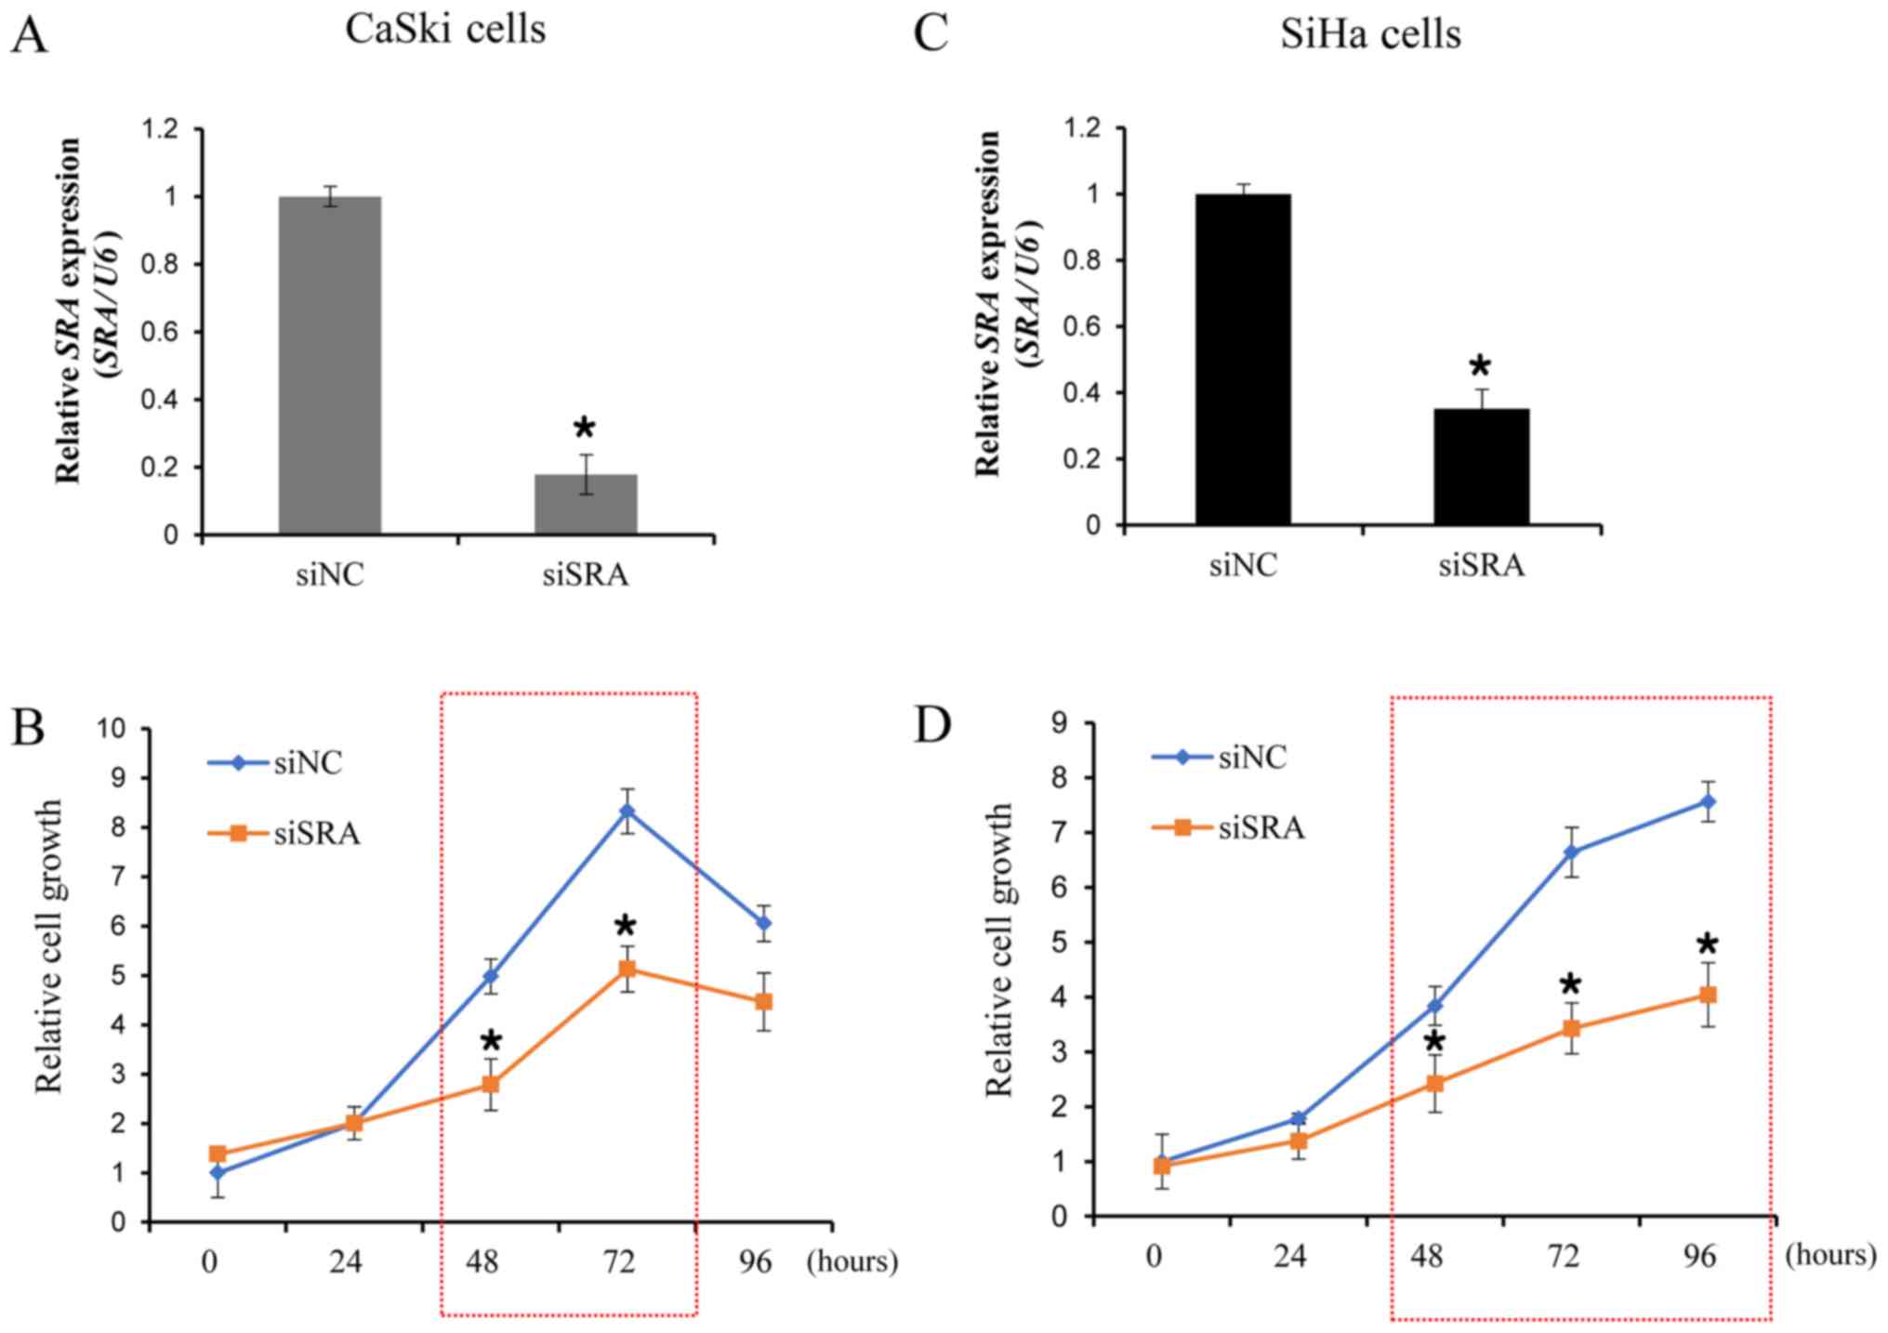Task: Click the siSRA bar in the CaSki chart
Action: pyautogui.click(x=586, y=504)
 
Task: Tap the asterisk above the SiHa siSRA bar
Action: pyautogui.click(x=1480, y=365)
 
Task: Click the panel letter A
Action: pyautogui.click(x=29, y=37)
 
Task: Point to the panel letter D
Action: pyautogui.click(x=933, y=724)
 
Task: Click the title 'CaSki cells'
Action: pyautogui.click(x=445, y=30)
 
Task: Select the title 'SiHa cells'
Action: pyautogui.click(x=1370, y=35)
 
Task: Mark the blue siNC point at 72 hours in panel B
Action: pyautogui.click(x=627, y=811)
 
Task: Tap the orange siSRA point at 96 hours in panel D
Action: pyautogui.click(x=1707, y=995)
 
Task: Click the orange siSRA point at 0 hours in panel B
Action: pyautogui.click(x=218, y=1154)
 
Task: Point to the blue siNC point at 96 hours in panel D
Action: pyautogui.click(x=1707, y=801)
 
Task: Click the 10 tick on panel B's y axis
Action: pyautogui.click(x=112, y=729)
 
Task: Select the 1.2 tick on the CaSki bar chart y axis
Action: pyautogui.click(x=159, y=129)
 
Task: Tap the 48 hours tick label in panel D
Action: pyautogui.click(x=1427, y=1257)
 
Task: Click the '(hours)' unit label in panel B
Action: pyautogui.click(x=852, y=1261)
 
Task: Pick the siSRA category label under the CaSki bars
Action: pyautogui.click(x=586, y=575)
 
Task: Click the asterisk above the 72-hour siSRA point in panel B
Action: pyautogui.click(x=625, y=927)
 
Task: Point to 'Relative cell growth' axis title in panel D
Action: pyautogui.click(x=999, y=949)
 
